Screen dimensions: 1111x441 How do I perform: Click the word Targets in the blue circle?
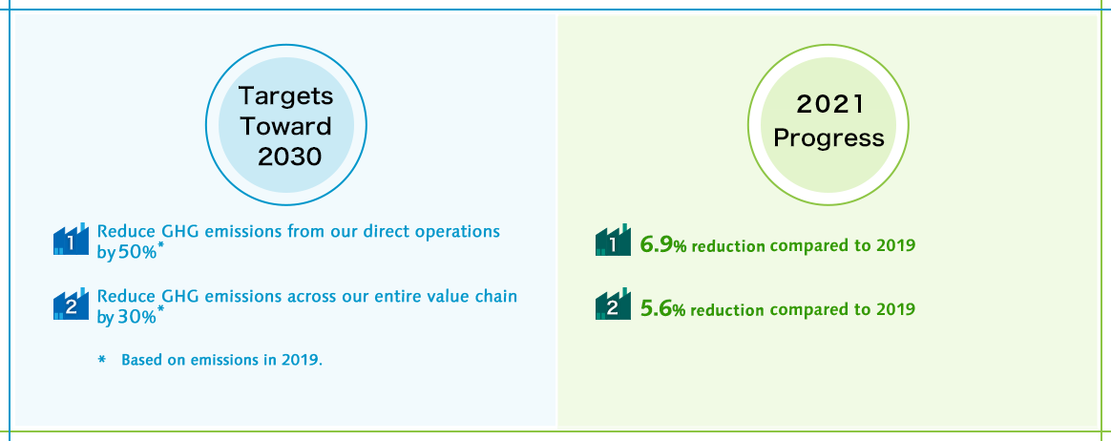tap(285, 95)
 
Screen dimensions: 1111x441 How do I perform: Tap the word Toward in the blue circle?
tap(285, 126)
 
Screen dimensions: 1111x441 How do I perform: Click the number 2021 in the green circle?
tap(829, 105)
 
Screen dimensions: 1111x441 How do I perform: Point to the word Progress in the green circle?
tap(829, 137)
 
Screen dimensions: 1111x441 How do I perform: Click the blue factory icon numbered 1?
tap(71, 239)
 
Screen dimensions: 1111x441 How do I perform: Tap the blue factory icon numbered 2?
tap(71, 304)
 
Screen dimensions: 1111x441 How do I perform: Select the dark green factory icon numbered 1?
tap(613, 240)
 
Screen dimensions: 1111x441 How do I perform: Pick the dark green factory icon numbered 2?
tap(613, 304)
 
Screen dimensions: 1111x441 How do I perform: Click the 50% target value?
tap(136, 253)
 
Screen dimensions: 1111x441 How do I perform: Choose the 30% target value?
tap(136, 317)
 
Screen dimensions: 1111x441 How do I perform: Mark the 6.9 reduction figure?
tap(656, 245)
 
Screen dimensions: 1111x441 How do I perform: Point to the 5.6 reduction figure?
tap(656, 309)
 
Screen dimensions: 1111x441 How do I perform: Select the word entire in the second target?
tap(412, 296)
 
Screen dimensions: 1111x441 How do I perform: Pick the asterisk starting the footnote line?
tap(102, 360)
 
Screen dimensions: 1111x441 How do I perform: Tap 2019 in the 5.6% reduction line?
tap(895, 310)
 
